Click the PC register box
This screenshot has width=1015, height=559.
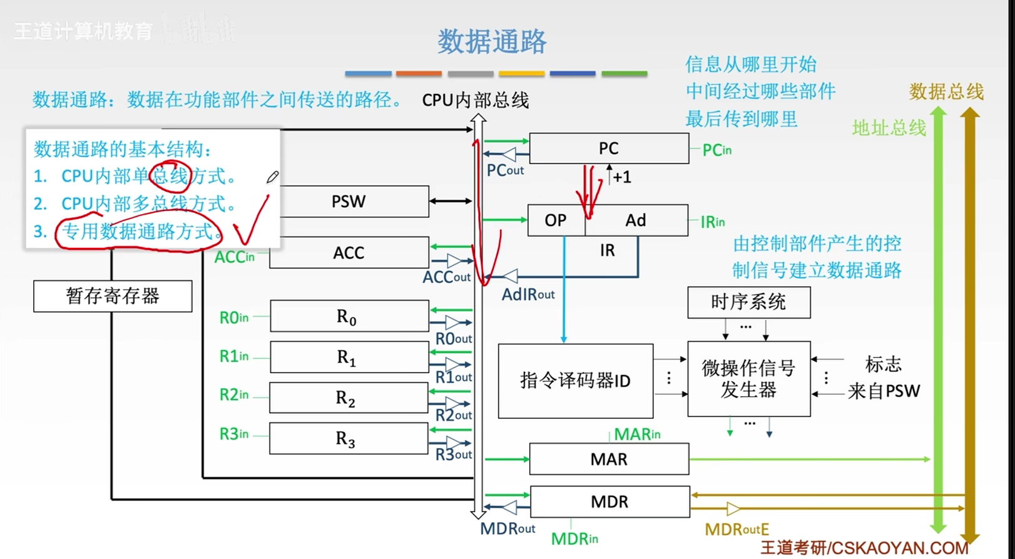tap(608, 148)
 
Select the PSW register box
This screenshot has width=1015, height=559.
tap(349, 202)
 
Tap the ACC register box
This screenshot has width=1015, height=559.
tap(349, 252)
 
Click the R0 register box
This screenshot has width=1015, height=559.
tap(349, 316)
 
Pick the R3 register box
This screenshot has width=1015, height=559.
tap(349, 438)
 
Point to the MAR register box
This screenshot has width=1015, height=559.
tap(608, 459)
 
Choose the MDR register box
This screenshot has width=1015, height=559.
tap(609, 501)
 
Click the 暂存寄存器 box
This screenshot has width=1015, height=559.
tap(113, 296)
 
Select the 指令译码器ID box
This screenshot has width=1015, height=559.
tap(575, 381)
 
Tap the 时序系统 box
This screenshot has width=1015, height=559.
tap(748, 303)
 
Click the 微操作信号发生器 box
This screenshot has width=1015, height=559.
tap(748, 379)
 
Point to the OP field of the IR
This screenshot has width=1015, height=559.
tap(555, 220)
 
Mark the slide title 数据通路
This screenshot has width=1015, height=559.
tap(492, 41)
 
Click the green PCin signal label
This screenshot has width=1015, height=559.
tap(717, 150)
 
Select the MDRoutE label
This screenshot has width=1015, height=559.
tap(737, 530)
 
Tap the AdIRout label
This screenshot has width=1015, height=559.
tap(528, 294)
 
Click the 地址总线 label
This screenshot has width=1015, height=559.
tap(889, 128)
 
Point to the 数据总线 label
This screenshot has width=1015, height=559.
tap(946, 92)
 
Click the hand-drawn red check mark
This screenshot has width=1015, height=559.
tap(250, 223)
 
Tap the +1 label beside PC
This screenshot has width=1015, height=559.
tap(621, 177)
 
